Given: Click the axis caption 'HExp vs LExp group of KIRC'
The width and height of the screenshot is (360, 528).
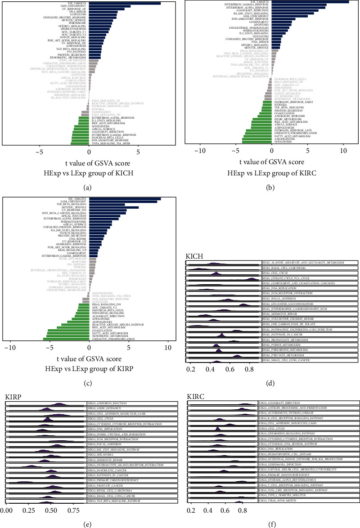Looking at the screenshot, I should [271, 170].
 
